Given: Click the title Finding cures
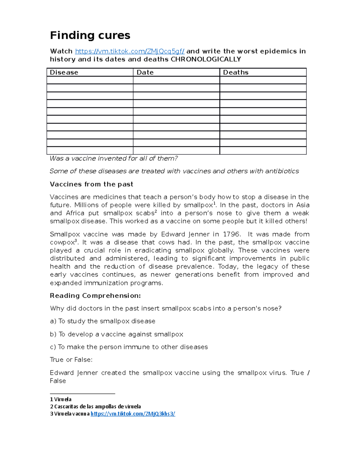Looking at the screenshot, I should pyautogui.click(x=90, y=35).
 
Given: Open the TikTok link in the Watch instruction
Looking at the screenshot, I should pyautogui.click(x=130, y=51).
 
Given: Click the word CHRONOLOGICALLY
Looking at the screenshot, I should pyautogui.click(x=206, y=59).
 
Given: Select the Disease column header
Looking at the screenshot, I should pyautogui.click(x=64, y=72).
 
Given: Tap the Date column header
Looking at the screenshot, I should pyautogui.click(x=145, y=72).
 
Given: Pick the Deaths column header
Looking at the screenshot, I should pyautogui.click(x=236, y=72).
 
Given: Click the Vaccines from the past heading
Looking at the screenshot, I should pyautogui.click(x=91, y=184).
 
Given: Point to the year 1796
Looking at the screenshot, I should pyautogui.click(x=232, y=234).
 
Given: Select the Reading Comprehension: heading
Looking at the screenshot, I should pyautogui.click(x=95, y=296).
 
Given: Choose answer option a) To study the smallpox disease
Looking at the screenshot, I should pyautogui.click(x=103, y=321).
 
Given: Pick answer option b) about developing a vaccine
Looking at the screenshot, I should pyautogui.click(x=116, y=334).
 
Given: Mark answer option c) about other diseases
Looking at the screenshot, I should pyautogui.click(x=129, y=347).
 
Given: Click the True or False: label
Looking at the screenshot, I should pyautogui.click(x=71, y=360).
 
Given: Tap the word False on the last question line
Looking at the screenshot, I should pyautogui.click(x=58, y=381).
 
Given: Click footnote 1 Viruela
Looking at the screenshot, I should pyautogui.click(x=61, y=399).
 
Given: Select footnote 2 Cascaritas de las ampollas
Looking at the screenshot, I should pyautogui.click(x=95, y=407).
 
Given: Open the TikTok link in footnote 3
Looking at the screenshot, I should pyautogui.click(x=133, y=414).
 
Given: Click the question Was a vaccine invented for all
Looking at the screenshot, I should pyautogui.click(x=114, y=158).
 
